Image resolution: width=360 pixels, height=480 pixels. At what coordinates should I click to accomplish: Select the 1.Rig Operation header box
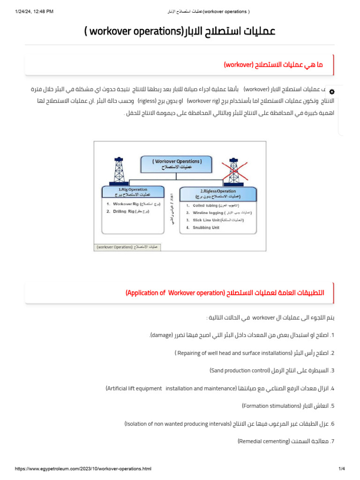tap(133, 192)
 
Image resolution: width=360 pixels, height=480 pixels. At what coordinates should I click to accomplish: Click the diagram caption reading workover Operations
tap(127, 247)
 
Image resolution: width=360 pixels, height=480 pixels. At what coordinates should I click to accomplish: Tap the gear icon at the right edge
tap(332, 91)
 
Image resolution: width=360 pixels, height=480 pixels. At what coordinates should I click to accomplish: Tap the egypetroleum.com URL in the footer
tap(83, 469)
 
